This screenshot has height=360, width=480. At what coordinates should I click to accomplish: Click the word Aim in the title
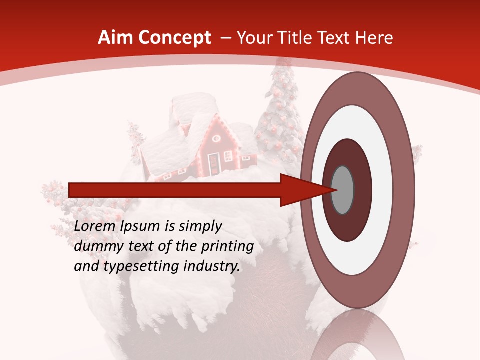(x=114, y=38)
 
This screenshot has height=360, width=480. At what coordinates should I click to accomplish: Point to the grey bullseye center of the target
(x=343, y=190)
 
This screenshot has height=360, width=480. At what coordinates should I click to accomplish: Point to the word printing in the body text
(x=227, y=246)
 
